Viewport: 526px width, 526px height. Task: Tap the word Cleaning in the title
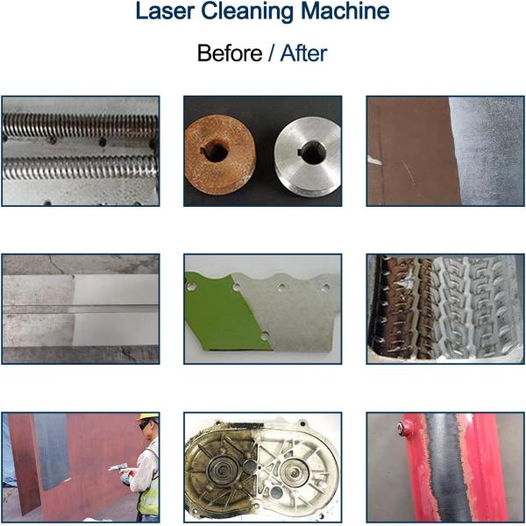246,13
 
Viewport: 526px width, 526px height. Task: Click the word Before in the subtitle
230,53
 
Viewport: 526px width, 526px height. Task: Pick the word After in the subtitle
303,53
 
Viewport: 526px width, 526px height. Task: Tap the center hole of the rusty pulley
216,151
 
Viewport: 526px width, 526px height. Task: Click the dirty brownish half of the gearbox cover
219,469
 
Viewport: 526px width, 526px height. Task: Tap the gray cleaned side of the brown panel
487,151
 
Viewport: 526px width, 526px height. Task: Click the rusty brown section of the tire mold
403,307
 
